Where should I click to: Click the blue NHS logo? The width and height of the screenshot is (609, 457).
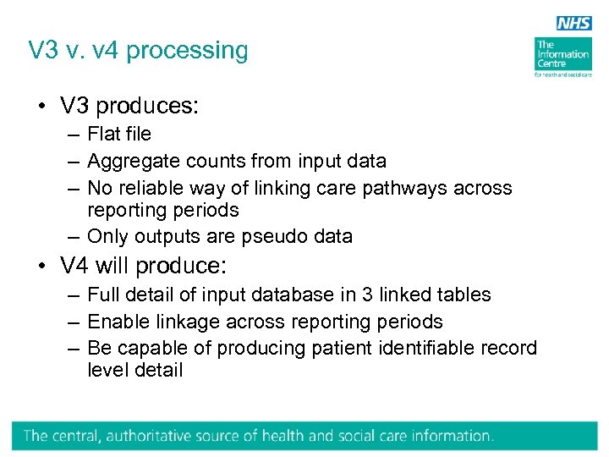point(573,23)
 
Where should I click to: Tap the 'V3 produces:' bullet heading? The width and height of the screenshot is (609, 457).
point(129,106)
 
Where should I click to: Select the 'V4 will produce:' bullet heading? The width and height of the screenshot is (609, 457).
point(144,266)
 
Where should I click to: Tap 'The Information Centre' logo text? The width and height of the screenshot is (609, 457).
point(562,55)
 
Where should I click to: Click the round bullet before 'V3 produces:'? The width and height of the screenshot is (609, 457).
point(41,107)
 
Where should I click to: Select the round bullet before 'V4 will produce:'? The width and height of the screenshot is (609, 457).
point(41,267)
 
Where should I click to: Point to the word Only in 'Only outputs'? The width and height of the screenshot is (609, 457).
point(106,236)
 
